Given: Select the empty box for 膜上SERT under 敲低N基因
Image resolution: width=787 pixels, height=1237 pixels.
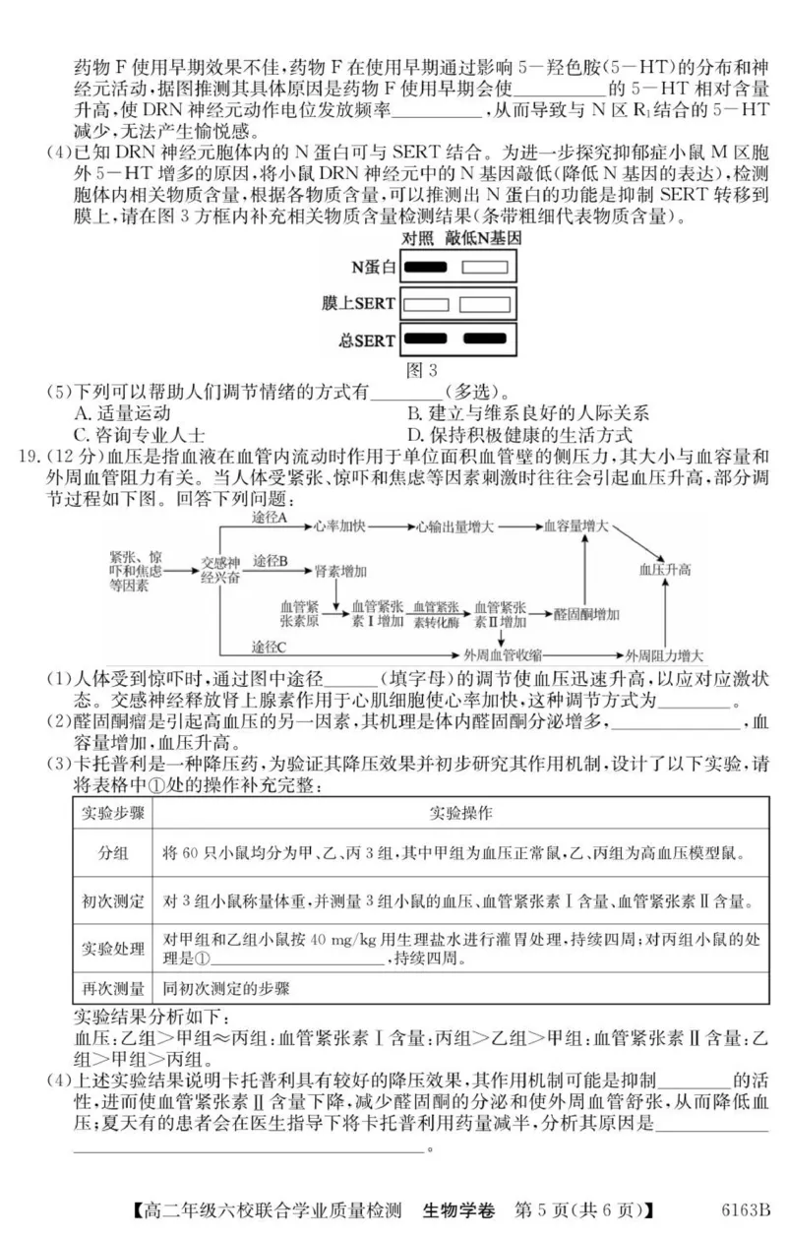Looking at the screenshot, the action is click(485, 303).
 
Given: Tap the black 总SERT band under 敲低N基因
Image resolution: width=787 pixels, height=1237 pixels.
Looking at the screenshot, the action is click(485, 340).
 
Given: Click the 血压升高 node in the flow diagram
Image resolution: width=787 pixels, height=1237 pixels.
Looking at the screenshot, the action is click(665, 569).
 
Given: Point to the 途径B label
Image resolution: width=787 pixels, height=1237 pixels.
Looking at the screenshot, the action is click(270, 561).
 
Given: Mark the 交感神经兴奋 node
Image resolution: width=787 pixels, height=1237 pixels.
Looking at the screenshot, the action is click(220, 570).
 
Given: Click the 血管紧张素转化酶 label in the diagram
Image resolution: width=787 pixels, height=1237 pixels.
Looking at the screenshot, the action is click(436, 614).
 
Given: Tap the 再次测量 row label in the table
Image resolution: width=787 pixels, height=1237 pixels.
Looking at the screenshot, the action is click(112, 988).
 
